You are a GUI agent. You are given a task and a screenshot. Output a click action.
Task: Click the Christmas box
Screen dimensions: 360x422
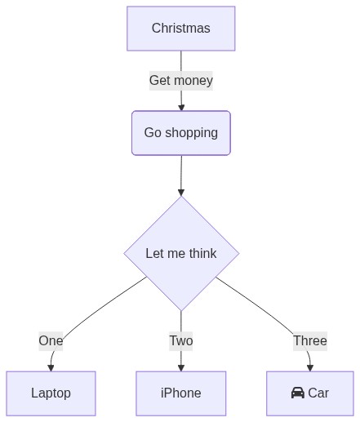[x=181, y=29]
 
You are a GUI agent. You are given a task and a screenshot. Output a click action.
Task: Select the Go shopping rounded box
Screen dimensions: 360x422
[x=181, y=133]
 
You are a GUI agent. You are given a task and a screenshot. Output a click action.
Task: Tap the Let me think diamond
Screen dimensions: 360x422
[x=181, y=253]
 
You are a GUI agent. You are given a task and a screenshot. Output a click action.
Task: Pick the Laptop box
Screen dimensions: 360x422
[x=51, y=393]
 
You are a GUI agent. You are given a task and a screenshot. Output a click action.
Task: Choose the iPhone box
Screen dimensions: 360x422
[x=181, y=393]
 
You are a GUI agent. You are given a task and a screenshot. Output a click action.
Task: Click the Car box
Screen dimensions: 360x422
[x=310, y=393]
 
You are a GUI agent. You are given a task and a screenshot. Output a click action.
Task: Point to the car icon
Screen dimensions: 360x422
[x=298, y=393]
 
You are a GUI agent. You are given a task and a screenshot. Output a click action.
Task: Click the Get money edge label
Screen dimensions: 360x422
[x=181, y=81]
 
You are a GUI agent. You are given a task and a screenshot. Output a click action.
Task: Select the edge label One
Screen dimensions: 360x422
[x=51, y=341]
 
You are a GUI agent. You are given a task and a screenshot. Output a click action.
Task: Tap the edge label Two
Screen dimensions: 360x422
[x=181, y=341]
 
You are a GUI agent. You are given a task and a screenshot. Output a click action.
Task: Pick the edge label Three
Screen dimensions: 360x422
[x=310, y=341]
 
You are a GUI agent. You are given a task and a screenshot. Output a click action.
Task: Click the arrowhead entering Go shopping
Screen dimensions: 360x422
[x=181, y=108]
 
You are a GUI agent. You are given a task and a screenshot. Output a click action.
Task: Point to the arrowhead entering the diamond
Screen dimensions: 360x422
[x=181, y=193]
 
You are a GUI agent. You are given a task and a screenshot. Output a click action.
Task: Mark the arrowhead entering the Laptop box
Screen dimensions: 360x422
[x=51, y=368]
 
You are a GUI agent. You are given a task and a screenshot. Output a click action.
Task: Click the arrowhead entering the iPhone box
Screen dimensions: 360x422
[x=181, y=368]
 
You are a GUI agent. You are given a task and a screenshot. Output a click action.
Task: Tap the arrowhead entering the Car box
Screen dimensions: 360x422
[x=310, y=368]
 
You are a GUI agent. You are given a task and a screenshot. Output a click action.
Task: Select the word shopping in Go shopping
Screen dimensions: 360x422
[x=192, y=134]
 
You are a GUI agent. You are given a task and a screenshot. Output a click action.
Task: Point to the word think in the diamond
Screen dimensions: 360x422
[x=203, y=253]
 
